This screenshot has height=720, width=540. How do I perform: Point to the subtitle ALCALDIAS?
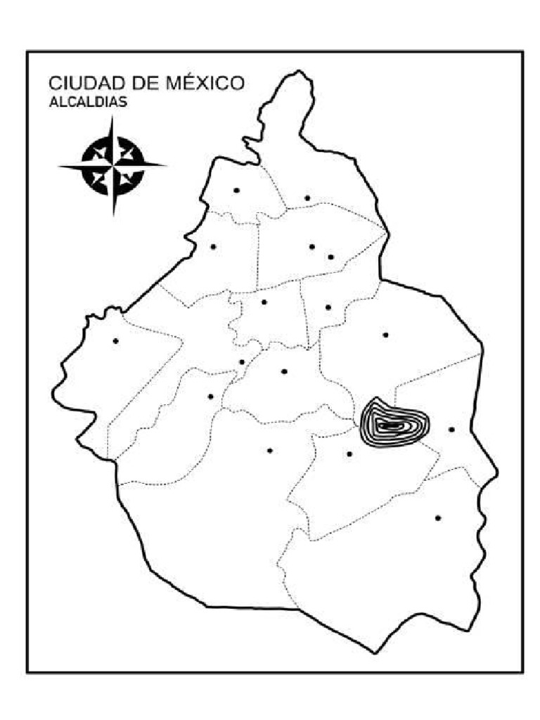coord(88,103)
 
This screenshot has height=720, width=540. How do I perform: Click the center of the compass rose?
coord(112,167)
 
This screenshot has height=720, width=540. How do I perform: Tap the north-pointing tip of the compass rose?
coord(112,117)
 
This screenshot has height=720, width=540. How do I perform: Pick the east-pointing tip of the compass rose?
coord(166,167)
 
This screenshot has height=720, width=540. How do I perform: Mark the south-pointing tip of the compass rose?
coord(112,215)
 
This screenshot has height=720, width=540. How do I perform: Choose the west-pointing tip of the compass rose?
coord(59,167)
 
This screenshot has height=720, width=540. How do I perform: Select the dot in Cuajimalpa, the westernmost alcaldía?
coord(115,341)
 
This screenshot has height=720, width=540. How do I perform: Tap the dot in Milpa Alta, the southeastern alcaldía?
coord(438,518)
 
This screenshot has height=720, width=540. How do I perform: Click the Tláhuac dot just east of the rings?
coord(451,429)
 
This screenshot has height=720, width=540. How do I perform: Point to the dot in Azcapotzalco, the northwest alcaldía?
coord(236,190)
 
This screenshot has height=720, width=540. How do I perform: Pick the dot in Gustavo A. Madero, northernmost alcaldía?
coord(307,198)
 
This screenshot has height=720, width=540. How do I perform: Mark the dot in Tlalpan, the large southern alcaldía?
coord(269,450)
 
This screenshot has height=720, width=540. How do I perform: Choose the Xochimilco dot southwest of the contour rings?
coord(349,454)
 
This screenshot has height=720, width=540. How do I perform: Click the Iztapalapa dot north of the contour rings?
coord(385,335)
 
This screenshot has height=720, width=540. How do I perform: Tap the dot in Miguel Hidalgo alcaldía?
coord(213,246)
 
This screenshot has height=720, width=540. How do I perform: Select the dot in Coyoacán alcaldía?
coord(284,371)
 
